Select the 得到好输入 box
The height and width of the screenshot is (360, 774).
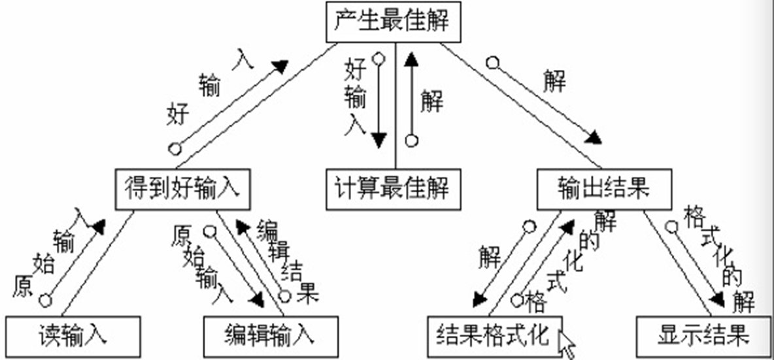click(182, 189)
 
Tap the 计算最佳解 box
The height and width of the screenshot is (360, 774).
click(393, 189)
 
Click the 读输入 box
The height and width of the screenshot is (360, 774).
click(73, 336)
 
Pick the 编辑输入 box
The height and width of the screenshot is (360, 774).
click(271, 336)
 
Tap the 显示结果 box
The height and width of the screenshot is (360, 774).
click(703, 336)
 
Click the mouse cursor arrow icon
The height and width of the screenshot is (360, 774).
click(567, 343)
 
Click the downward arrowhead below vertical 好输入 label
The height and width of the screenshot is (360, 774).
click(378, 140)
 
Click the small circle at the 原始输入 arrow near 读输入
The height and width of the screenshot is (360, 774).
click(45, 301)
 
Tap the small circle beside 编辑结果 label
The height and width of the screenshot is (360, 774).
click(284, 296)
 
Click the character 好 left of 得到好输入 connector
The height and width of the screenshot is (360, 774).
click(177, 114)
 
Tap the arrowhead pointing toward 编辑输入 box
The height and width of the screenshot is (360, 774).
click(257, 301)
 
